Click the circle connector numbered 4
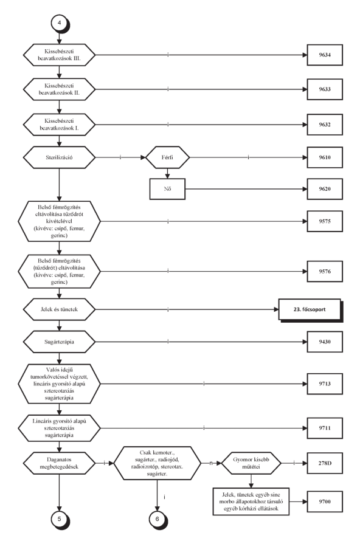point(60,23)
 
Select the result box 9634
point(325,55)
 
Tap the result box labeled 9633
point(325,89)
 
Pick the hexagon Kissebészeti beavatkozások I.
point(59,125)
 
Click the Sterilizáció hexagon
point(59,157)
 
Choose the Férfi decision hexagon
point(167,157)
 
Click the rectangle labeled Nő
point(167,189)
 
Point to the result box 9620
point(325,189)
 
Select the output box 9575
point(325,221)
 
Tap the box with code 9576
point(325,271)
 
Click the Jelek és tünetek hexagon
point(59,309)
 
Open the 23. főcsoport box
point(310,309)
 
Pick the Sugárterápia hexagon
point(59,342)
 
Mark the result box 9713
point(325,384)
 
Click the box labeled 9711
point(325,428)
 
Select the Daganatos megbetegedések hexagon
point(59,463)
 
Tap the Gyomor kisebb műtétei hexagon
point(251,463)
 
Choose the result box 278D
point(325,463)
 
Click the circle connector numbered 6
point(157,519)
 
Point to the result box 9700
point(325,501)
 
